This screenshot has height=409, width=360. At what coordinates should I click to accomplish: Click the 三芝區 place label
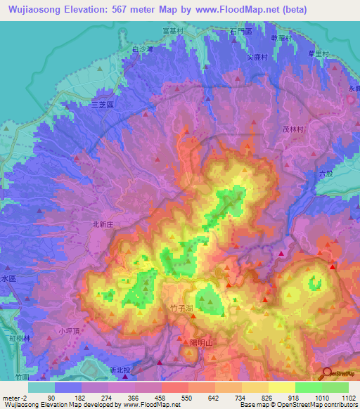pyautogui.click(x=103, y=103)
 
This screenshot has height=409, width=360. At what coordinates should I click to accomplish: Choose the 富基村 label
pyautogui.click(x=191, y=31)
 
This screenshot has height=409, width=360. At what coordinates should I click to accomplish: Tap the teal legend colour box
pyautogui.click(x=41, y=387)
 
